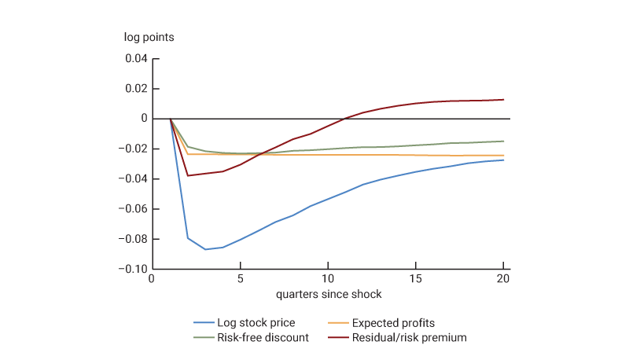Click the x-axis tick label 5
241,279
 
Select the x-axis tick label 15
415,279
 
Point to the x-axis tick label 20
502,279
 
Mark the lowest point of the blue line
205,249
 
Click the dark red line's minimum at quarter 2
188,175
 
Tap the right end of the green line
502,141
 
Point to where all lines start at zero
171,119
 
